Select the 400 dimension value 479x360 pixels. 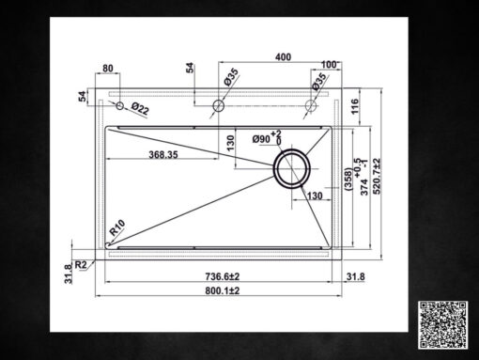click(x=282, y=57)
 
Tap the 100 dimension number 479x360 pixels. click(x=328, y=66)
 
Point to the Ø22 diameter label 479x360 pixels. click(x=140, y=108)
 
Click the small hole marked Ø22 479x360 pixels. click(x=119, y=106)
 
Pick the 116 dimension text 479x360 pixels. click(x=354, y=108)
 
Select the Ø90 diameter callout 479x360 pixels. click(x=265, y=139)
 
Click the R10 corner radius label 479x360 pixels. click(x=117, y=227)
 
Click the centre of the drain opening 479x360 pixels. click(x=291, y=170)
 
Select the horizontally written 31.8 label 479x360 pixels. click(x=356, y=276)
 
